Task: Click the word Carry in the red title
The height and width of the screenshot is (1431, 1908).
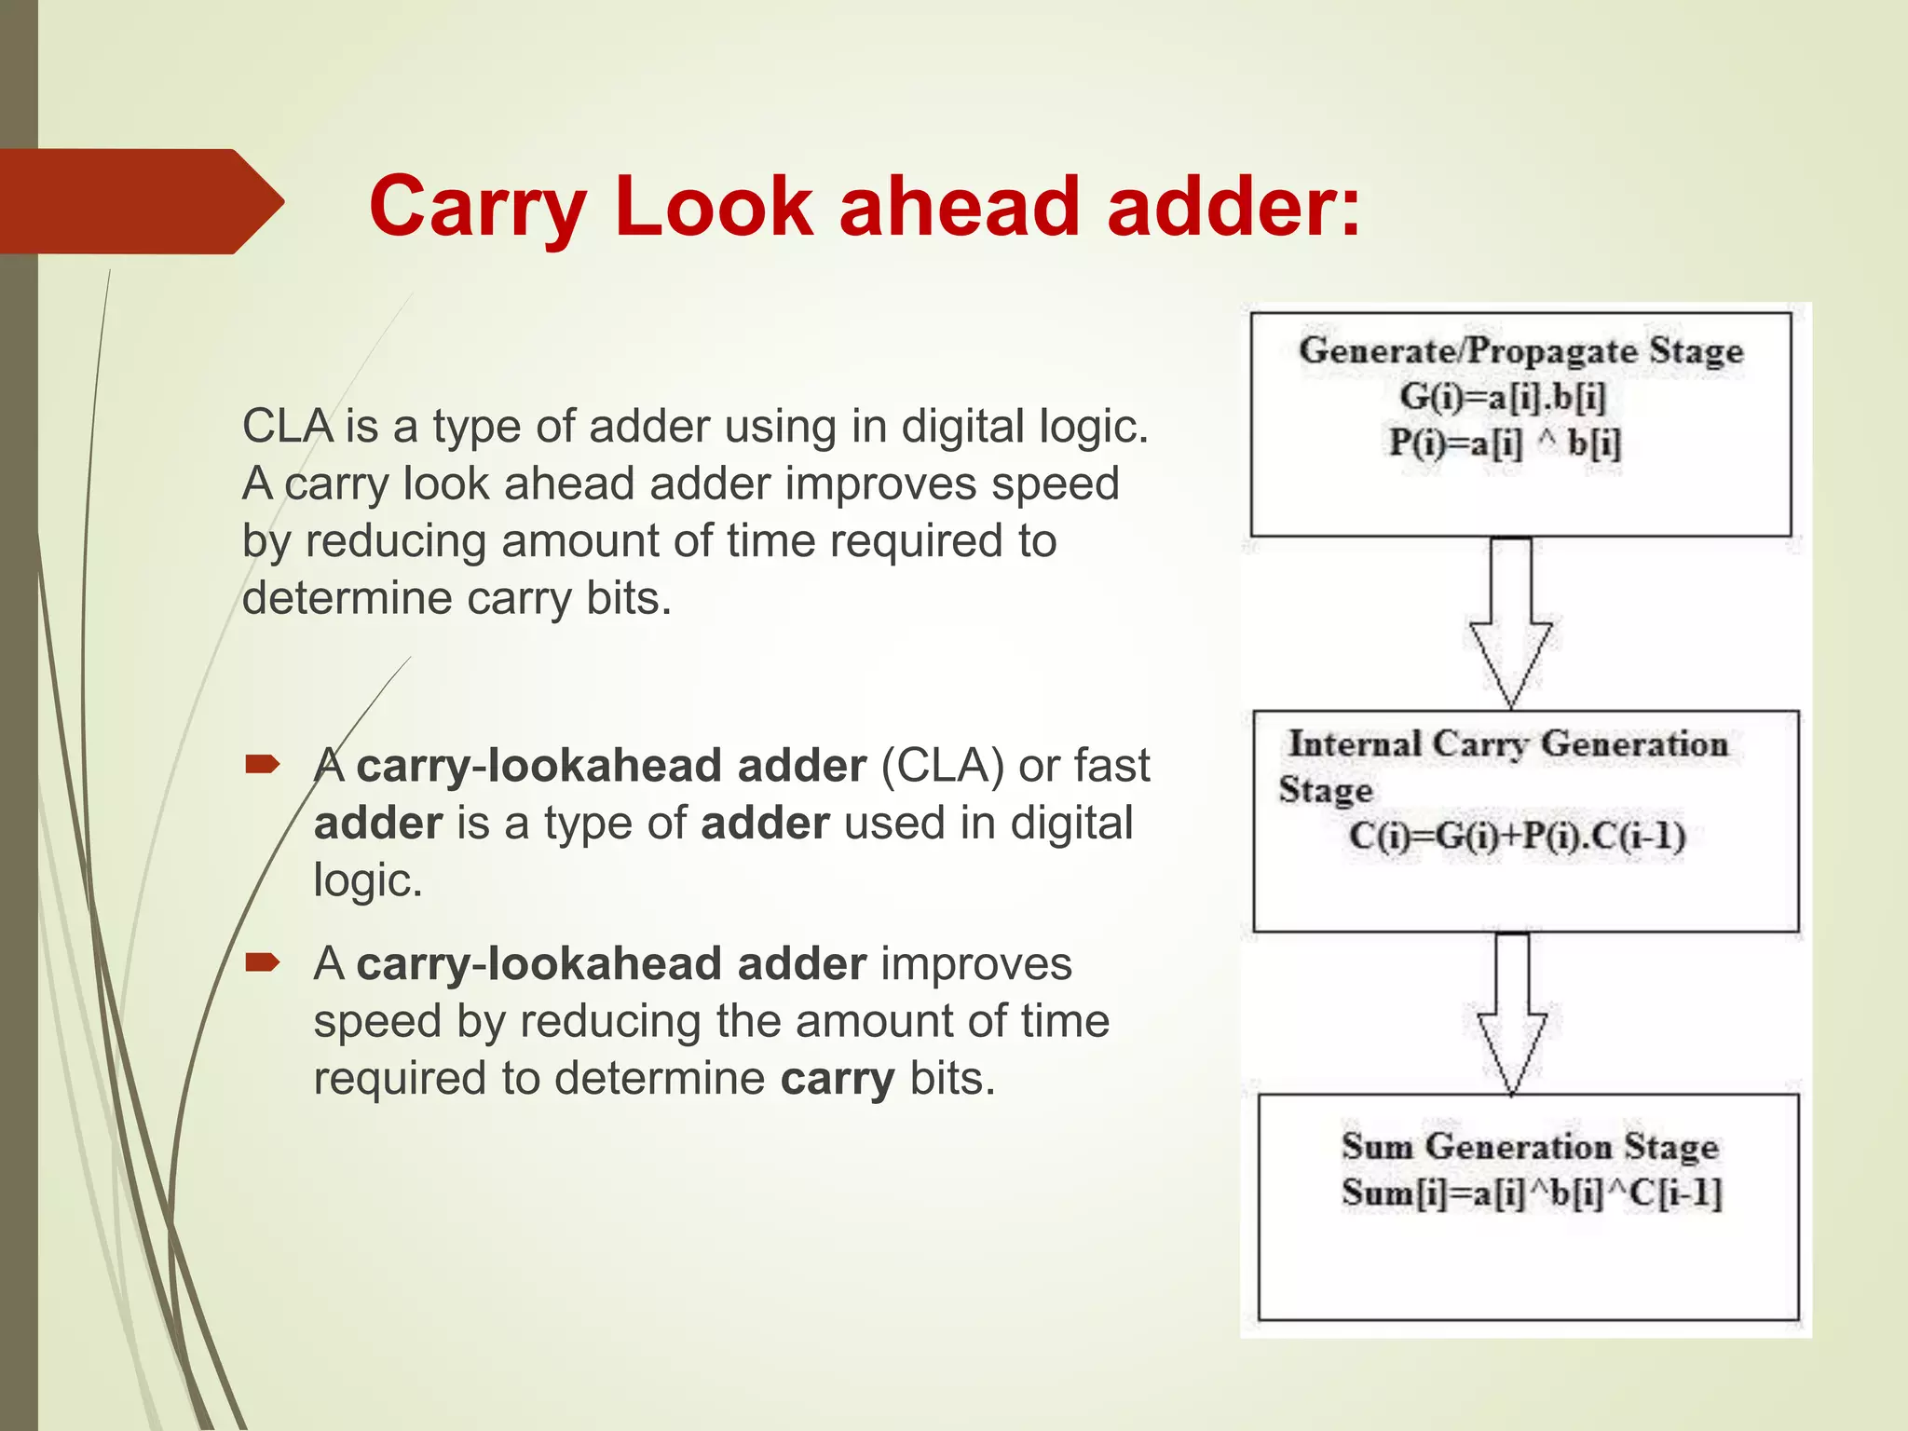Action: pyautogui.click(x=477, y=207)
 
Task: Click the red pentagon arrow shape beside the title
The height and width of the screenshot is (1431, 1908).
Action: pyautogui.click(x=140, y=201)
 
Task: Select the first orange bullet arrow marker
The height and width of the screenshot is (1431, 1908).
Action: pyautogui.click(x=262, y=766)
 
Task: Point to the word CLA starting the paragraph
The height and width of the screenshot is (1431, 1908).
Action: pyautogui.click(x=287, y=427)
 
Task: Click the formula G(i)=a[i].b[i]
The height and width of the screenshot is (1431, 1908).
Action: pyautogui.click(x=1503, y=397)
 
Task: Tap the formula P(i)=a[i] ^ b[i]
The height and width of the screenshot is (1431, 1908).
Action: pyautogui.click(x=1505, y=443)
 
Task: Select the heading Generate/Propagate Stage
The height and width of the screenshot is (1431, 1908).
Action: pyautogui.click(x=1520, y=351)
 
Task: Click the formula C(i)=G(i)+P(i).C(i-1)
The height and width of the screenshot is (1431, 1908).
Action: pyautogui.click(x=1517, y=836)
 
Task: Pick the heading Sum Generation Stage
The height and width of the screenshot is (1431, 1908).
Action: pyautogui.click(x=1529, y=1146)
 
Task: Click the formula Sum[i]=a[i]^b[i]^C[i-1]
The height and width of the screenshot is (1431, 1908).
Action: pyautogui.click(x=1532, y=1192)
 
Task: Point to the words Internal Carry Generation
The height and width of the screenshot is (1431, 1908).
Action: pyautogui.click(x=1507, y=744)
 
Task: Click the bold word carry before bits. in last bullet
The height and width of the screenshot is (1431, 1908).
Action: pyautogui.click(x=837, y=1079)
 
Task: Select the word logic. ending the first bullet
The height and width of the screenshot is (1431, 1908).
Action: pyautogui.click(x=368, y=880)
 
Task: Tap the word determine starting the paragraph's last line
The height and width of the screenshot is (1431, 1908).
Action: pyautogui.click(x=347, y=598)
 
